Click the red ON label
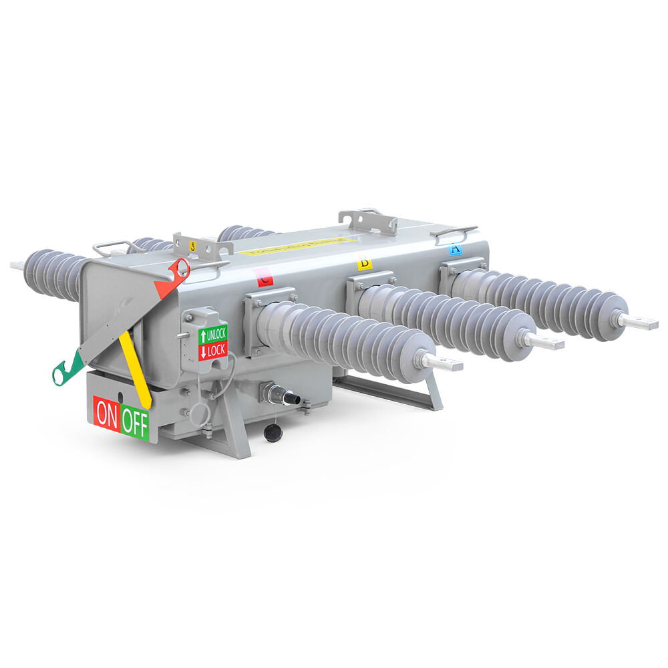pyautogui.click(x=106, y=415)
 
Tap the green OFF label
pyautogui.click(x=136, y=424)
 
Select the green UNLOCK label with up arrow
pyautogui.click(x=214, y=333)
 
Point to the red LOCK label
pyautogui.click(x=214, y=349)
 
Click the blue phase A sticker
pyautogui.click(x=455, y=250)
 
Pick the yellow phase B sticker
pyautogui.click(x=365, y=263)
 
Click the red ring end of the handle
pyautogui.click(x=180, y=269)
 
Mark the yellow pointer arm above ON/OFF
pyautogui.click(x=134, y=367)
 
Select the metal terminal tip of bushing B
pyautogui.click(x=548, y=343)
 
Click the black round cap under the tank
pyautogui.click(x=273, y=432)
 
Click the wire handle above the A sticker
pyautogui.click(x=454, y=232)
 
